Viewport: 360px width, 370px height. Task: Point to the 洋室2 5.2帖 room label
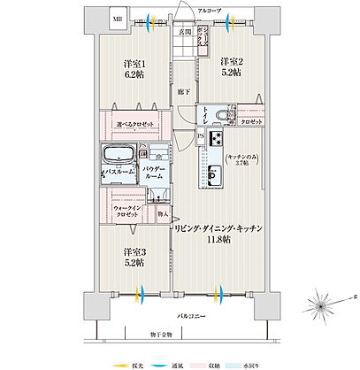[234, 67]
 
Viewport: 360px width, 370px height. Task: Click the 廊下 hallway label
[180, 91]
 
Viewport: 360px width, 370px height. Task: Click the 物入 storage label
[163, 212]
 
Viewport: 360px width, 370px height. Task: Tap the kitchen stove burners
[215, 140]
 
